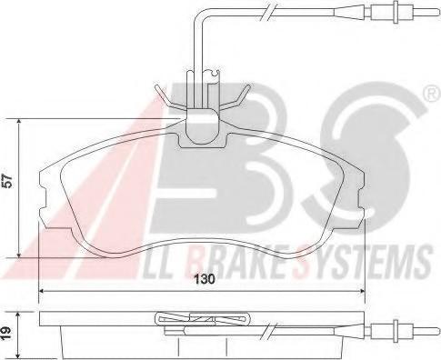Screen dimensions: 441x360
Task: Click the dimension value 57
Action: click(x=8, y=181)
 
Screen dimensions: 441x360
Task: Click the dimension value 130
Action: click(x=205, y=279)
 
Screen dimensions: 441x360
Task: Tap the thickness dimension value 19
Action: click(x=8, y=334)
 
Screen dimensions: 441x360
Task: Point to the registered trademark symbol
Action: click(x=434, y=95)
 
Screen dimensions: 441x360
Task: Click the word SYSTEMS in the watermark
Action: click(x=362, y=262)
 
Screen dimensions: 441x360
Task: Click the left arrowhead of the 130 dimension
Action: click(x=42, y=291)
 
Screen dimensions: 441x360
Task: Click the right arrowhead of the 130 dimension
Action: click(x=361, y=291)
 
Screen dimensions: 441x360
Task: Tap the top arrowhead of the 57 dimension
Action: click(x=19, y=122)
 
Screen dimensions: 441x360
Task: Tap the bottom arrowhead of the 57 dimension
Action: click(x=19, y=255)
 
